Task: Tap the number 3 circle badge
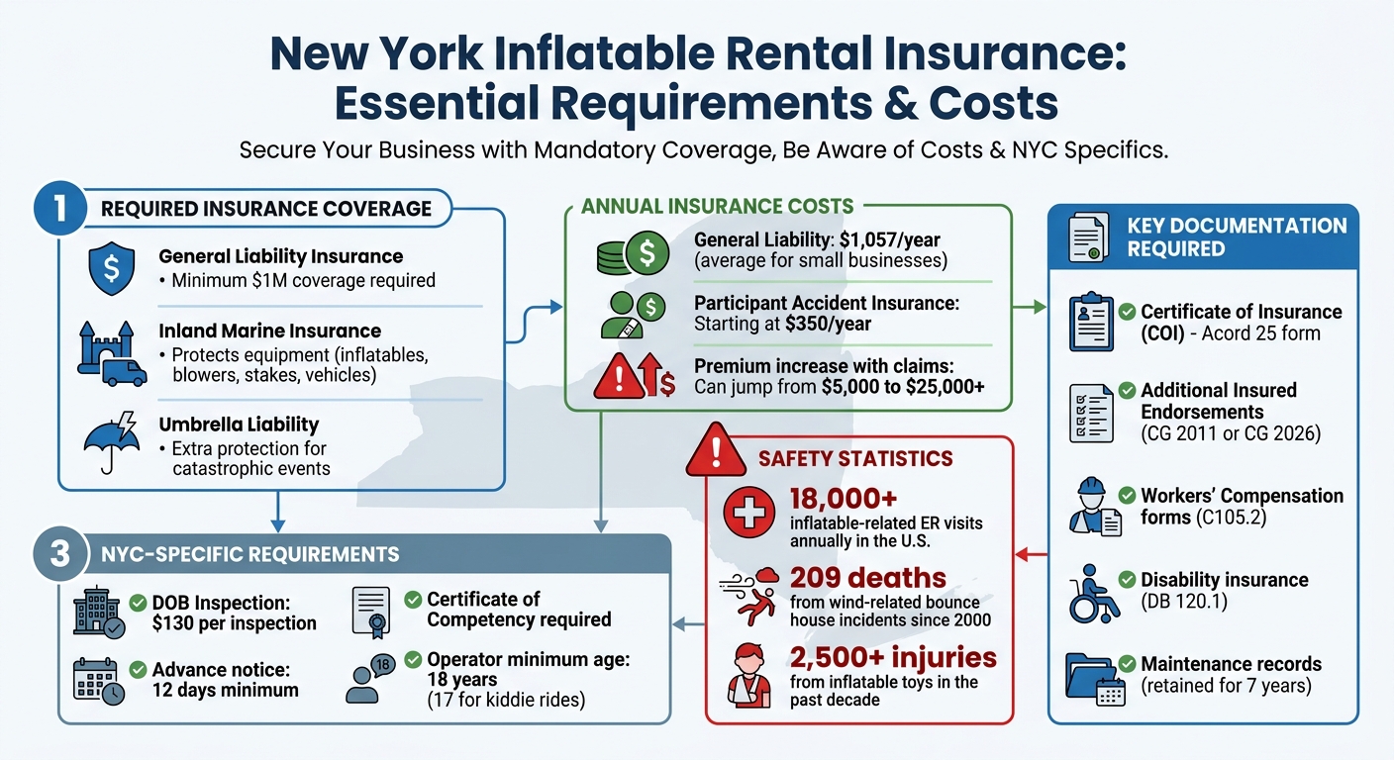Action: tap(60, 553)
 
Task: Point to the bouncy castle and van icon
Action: tap(111, 354)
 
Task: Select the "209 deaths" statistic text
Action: tap(868, 578)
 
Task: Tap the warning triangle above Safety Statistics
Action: tap(714, 452)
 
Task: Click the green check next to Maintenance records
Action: tap(1126, 664)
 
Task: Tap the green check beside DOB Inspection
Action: tap(139, 602)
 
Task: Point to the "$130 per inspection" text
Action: tap(235, 623)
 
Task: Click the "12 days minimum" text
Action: tap(226, 689)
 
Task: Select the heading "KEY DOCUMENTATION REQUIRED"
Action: tap(1237, 237)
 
